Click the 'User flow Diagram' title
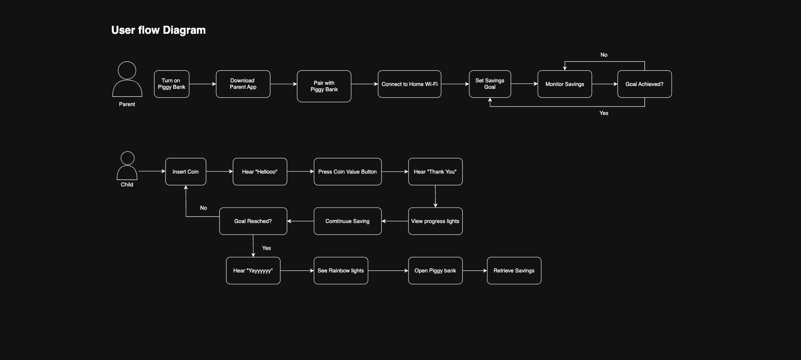pos(158,30)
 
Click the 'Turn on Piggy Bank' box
pos(172,84)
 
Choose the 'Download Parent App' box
pos(243,84)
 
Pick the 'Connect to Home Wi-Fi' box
pos(409,84)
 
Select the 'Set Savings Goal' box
pos(490,84)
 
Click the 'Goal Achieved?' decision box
pos(644,84)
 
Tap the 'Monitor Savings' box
pos(564,84)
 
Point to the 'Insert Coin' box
pos(186,172)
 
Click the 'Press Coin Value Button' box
pos(347,172)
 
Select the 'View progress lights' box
pos(435,221)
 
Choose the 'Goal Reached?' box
pos(253,221)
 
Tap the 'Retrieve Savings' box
pos(514,270)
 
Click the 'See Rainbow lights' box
pos(341,270)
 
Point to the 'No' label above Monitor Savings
pos(604,55)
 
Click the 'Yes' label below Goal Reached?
pos(266,248)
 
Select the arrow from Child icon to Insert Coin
pos(152,172)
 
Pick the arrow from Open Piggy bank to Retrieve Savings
pos(475,271)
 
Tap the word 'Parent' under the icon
pos(127,104)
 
